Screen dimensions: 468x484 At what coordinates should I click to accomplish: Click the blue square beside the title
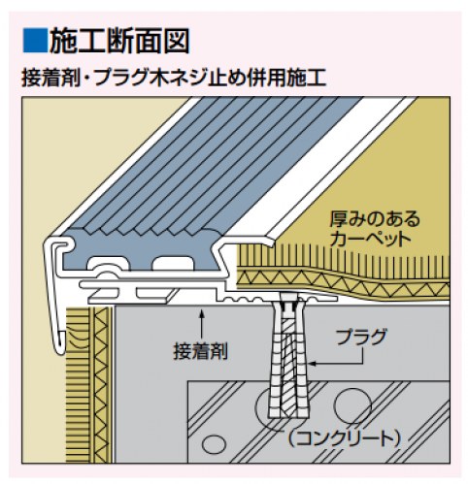(x=35, y=41)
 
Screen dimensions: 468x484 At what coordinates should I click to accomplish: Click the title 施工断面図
(x=119, y=41)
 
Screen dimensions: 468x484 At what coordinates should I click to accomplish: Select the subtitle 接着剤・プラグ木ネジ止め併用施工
(x=174, y=78)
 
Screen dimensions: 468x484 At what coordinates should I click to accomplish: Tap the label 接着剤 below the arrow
(x=201, y=351)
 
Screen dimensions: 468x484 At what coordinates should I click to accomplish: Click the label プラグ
(x=361, y=338)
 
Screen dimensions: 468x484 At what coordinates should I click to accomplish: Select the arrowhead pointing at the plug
(x=312, y=364)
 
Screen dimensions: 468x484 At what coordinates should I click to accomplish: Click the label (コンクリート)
(x=345, y=438)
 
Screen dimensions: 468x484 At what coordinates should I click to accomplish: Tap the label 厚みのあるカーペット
(x=375, y=228)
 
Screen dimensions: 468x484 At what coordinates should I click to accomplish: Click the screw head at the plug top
(x=288, y=306)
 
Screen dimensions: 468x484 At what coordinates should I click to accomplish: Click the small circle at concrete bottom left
(x=214, y=443)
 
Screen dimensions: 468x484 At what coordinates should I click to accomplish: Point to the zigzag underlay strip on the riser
(x=101, y=385)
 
